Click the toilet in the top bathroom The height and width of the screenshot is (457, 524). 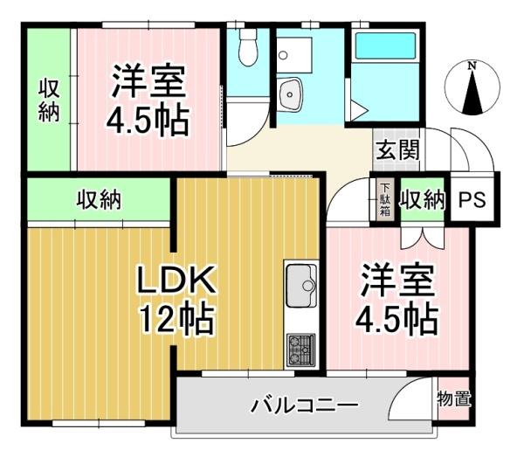pos(248,47)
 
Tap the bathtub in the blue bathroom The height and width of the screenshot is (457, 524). pos(385,45)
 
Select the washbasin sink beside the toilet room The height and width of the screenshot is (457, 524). pos(289,94)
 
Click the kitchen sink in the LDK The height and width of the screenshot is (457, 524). pos(301,286)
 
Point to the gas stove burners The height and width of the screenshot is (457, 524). pos(301,350)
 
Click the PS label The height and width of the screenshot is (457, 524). pos(472,200)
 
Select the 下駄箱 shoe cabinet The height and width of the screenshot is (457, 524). pos(385,199)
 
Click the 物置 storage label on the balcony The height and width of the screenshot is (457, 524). pos(454,398)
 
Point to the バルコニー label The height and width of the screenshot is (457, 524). pos(305,405)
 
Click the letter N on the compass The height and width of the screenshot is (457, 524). pos(472,66)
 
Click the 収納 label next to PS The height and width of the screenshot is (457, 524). pos(423,200)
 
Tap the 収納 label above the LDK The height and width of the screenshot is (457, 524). pos(99,201)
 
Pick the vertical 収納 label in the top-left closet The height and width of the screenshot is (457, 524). pos(49,100)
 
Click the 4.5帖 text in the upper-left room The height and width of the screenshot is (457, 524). pos(148,119)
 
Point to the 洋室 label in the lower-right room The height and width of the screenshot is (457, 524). pos(397,280)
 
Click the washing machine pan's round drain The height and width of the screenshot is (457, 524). pos(283,55)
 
